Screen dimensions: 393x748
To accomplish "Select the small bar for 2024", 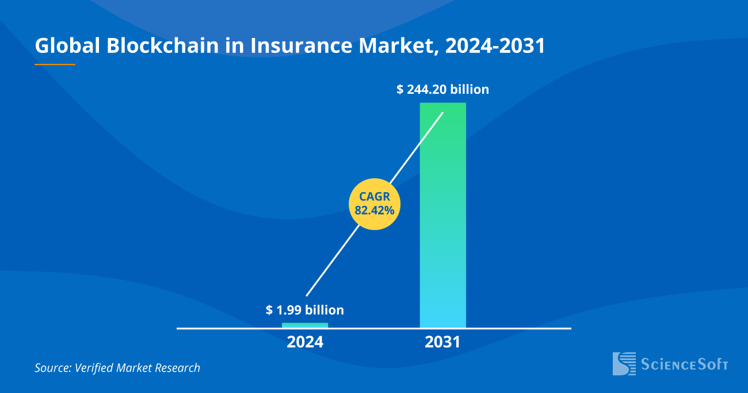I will pos(305,325).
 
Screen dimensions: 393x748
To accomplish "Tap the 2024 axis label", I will pos(305,342).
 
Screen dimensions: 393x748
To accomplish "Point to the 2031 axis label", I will pos(442,342).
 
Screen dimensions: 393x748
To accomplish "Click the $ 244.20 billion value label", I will pos(442,89).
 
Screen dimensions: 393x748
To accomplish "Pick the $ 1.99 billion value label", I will pos(305,310).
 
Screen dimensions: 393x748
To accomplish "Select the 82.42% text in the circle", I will pos(375,211).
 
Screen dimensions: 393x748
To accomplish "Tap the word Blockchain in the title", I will pos(162,46).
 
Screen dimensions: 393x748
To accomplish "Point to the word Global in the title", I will pos(67,46).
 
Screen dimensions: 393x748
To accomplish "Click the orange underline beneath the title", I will pos(55,64).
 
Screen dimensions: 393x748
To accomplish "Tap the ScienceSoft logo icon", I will pos(624,364).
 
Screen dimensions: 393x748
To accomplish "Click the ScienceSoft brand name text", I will pos(685,364).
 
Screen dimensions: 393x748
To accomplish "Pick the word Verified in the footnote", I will pos(94,368).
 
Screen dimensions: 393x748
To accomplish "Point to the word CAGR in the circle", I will pos(375,196).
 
